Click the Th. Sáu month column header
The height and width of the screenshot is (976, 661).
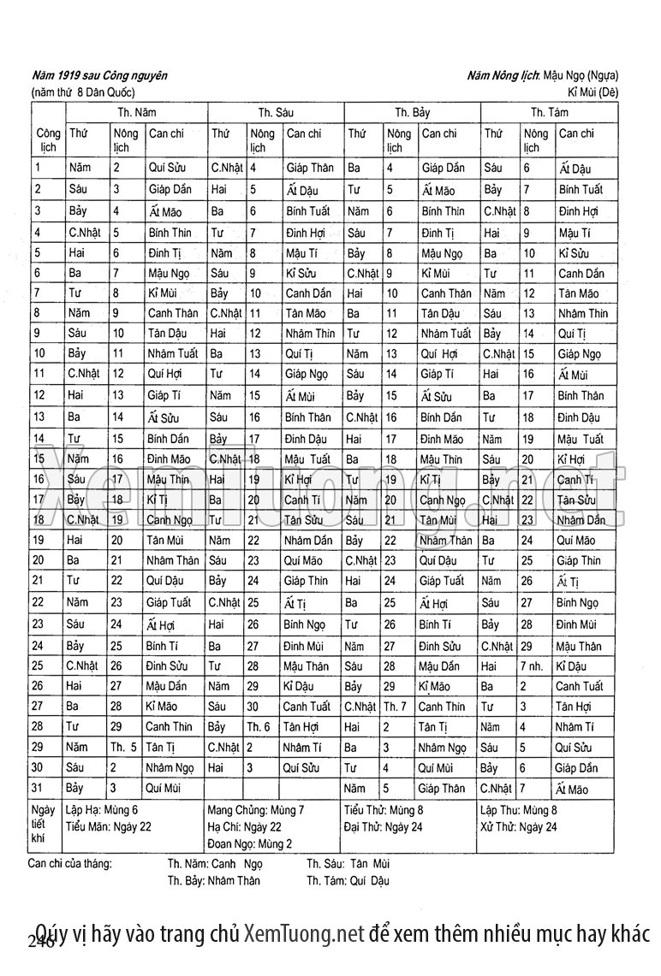pos(276,112)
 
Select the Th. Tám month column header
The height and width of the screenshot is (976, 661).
pos(549,112)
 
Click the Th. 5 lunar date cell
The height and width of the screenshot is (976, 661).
pos(124,747)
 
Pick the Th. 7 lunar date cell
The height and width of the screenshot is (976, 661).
pos(396,706)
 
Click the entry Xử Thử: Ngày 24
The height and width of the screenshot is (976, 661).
pos(518,826)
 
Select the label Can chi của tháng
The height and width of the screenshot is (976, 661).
pos(70,862)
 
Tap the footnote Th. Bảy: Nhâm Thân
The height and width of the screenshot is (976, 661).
pos(214,880)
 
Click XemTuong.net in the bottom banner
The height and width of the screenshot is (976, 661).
pos(304,932)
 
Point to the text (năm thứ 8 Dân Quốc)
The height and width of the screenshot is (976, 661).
pos(83,92)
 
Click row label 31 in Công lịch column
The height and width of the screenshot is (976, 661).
pos(39,788)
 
